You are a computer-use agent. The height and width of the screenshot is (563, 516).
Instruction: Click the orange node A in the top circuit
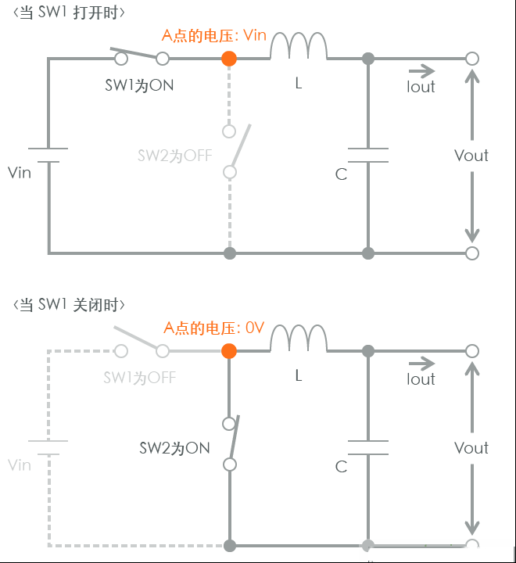229,59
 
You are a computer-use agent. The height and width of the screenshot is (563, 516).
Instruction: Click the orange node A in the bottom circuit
229,351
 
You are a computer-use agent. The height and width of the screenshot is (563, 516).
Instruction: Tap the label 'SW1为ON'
139,85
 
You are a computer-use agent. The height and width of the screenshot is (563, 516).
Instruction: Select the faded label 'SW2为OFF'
175,156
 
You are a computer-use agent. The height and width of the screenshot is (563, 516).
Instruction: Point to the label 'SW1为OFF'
140,378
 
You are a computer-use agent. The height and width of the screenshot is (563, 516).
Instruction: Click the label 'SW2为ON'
174,448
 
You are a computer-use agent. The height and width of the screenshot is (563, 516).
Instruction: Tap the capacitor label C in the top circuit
341,174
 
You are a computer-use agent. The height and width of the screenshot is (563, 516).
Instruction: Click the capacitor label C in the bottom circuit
341,467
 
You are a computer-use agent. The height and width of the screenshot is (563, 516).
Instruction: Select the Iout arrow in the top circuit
421,71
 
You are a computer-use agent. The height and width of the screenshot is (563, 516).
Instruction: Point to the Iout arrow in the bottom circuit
421,364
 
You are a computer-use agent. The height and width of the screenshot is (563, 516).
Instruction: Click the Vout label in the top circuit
471,156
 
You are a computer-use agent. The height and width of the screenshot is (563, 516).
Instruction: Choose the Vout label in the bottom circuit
471,448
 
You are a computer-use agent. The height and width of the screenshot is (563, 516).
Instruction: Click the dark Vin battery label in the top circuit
20,173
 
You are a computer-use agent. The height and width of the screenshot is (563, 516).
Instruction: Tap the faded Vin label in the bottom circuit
20,465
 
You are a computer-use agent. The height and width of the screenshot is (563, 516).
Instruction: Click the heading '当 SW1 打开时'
69,13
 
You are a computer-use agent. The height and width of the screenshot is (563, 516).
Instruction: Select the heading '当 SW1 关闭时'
69,305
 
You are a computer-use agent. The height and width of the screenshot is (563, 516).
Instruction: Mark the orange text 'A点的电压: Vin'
214,35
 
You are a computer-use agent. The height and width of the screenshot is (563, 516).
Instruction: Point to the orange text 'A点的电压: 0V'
214,328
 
